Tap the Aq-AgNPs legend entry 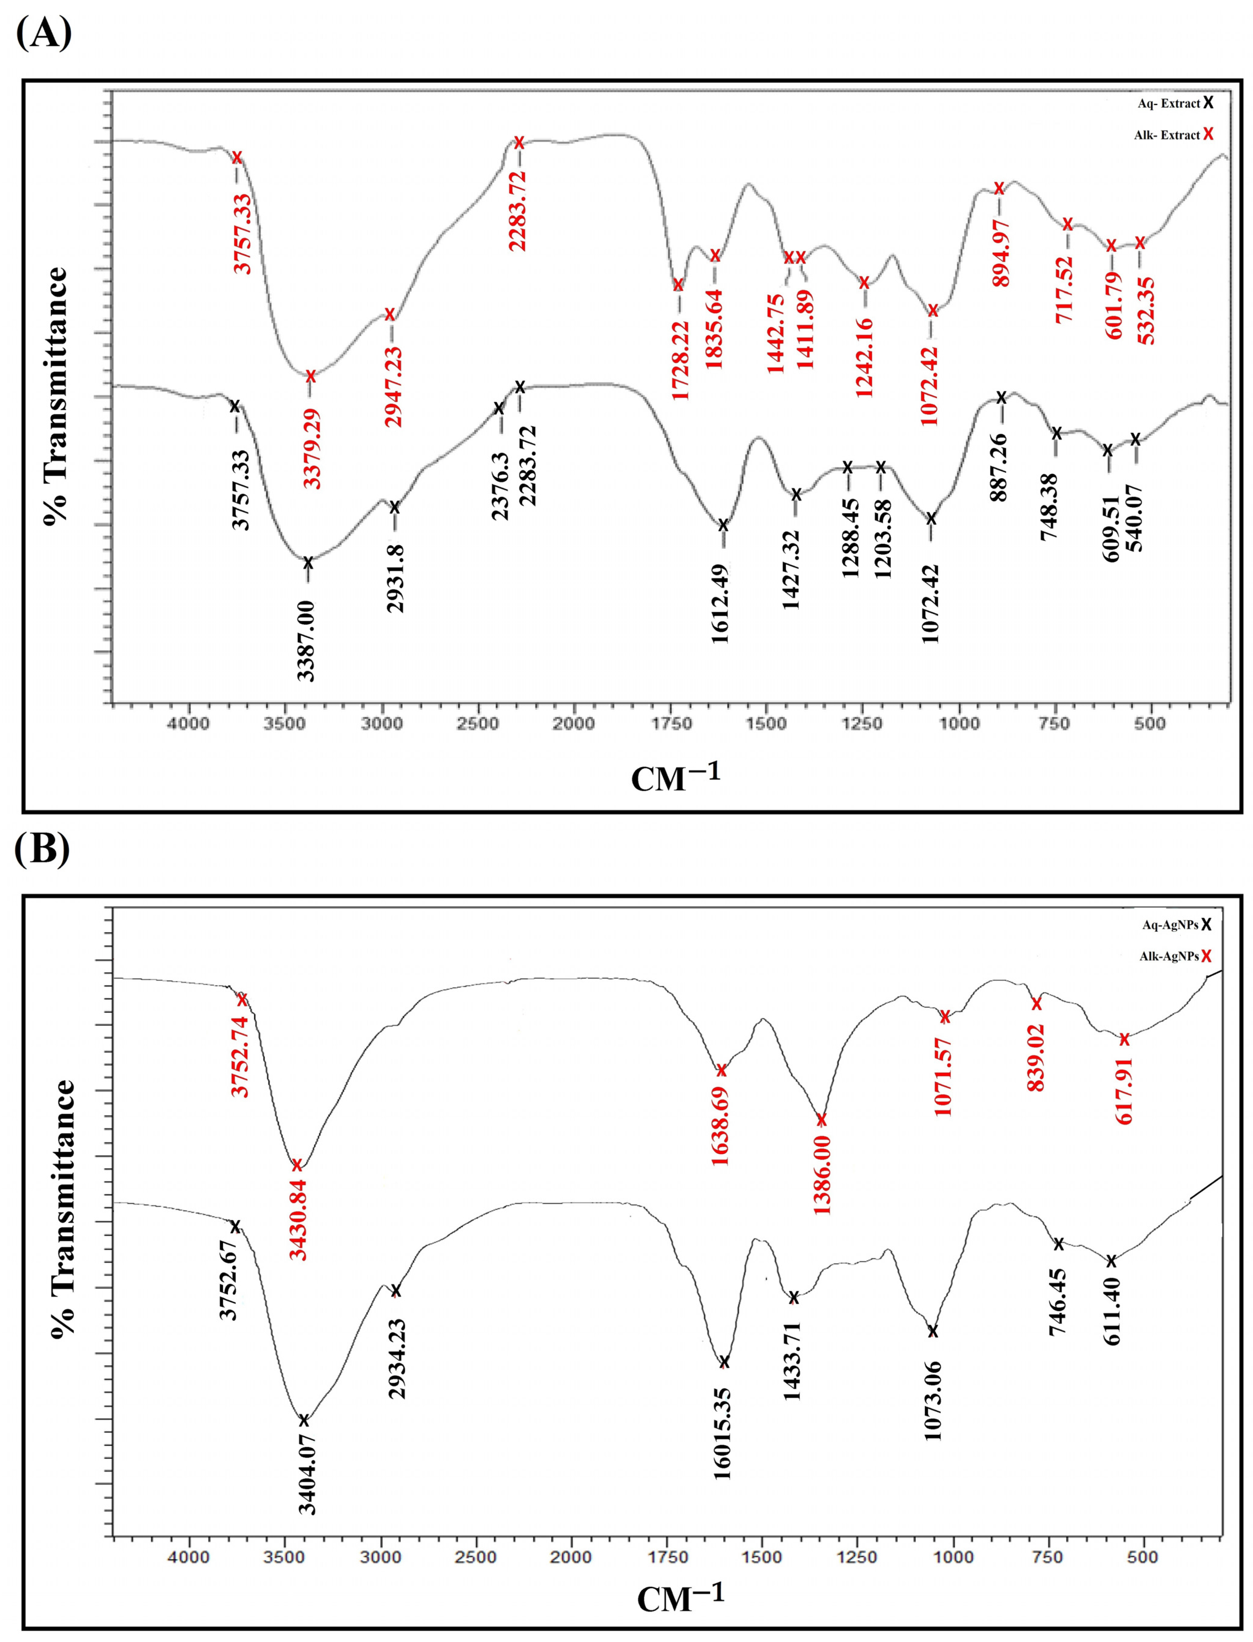pos(1175,925)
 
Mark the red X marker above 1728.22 pos(678,284)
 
